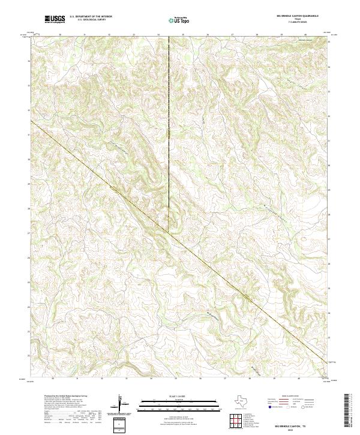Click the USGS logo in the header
click(x=55, y=19)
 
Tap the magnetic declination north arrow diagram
click(x=121, y=406)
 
